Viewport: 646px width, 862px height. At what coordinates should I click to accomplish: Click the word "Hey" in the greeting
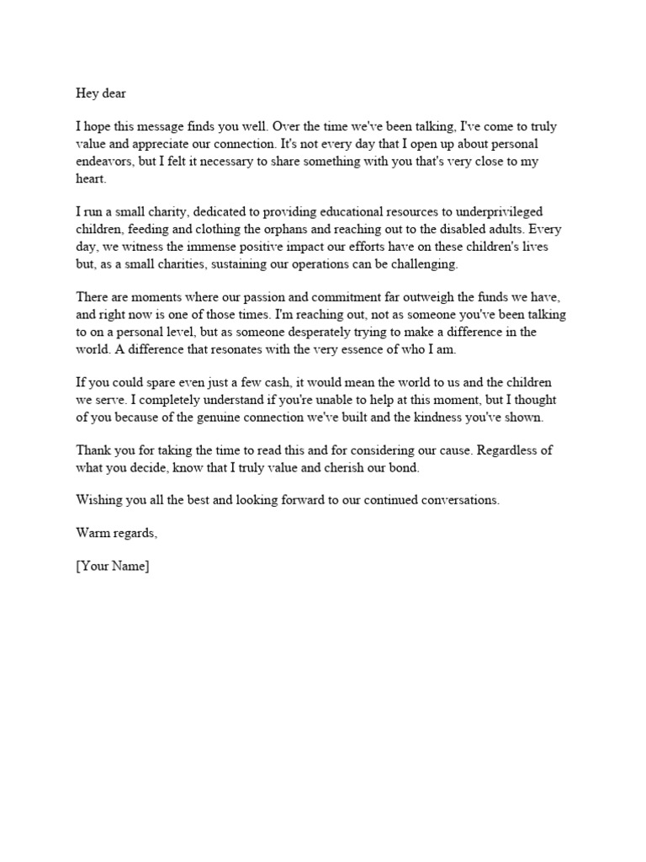87,93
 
